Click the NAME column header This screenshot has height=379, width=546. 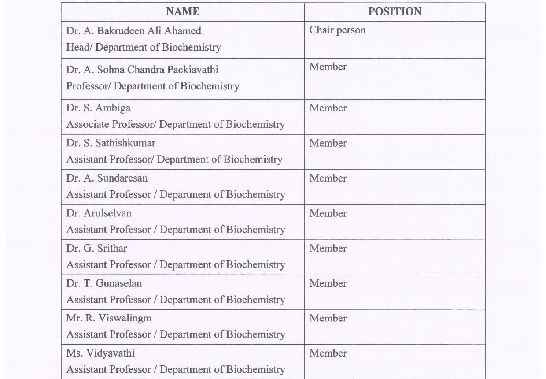point(182,12)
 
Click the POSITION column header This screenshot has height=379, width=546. point(395,12)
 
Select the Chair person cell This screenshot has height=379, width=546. point(337,30)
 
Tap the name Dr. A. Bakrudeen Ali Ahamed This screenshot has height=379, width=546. point(133,31)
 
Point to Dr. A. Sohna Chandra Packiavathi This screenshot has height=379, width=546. point(142,70)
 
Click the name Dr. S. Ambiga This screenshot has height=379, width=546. point(98,108)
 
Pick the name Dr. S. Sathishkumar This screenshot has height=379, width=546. point(111,143)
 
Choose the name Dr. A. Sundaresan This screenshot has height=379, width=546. point(107,178)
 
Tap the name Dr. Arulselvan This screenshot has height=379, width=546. point(99,213)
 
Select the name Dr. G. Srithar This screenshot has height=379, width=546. point(96,249)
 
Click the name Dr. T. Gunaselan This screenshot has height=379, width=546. point(104,283)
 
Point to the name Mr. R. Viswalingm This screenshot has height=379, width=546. point(109,318)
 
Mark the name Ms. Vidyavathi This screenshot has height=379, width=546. point(100,353)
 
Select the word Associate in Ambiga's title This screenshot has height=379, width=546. point(88,125)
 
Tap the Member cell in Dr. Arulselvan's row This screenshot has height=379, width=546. point(328,213)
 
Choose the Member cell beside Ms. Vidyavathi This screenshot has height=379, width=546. point(328,353)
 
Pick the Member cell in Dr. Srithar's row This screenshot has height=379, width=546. point(328,249)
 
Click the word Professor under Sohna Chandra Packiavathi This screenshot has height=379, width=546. point(88,86)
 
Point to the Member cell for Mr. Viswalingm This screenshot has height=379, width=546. point(328,318)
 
